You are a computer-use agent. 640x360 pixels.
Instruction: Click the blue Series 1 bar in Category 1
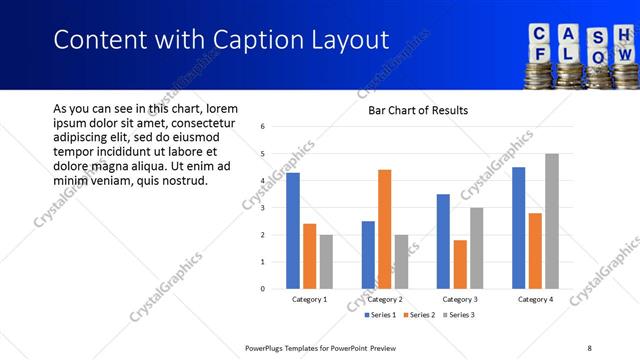tap(293, 231)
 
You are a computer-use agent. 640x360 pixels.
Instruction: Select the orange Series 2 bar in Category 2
tap(385, 229)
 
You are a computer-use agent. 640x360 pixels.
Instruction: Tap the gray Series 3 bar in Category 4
tap(552, 221)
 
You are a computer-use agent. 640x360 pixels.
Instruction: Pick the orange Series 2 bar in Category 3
tap(460, 264)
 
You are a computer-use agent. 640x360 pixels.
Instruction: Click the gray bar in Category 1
tap(326, 262)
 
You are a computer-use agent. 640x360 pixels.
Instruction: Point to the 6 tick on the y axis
tap(262, 127)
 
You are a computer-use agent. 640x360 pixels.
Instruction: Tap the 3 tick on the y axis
tap(262, 208)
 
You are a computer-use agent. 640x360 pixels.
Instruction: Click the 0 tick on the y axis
tap(262, 289)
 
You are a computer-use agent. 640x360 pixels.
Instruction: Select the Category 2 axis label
tap(385, 300)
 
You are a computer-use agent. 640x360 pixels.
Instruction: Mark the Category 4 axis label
tap(535, 300)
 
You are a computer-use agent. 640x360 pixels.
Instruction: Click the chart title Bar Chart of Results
tap(412, 110)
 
